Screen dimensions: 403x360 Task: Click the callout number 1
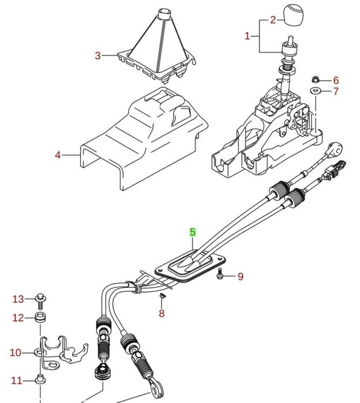[x=247, y=36]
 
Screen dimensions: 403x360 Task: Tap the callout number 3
[x=98, y=56]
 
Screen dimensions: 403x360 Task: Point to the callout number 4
[x=58, y=155]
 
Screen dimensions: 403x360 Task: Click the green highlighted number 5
[x=193, y=233]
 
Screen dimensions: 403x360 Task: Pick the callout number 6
[x=336, y=81]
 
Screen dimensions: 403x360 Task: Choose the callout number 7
[x=336, y=92]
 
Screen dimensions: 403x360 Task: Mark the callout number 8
[x=162, y=314]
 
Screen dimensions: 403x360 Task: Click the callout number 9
[x=240, y=277]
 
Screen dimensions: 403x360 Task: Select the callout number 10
[x=15, y=352]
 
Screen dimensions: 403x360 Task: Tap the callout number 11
[x=16, y=381]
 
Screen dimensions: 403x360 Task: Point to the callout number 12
[x=18, y=318]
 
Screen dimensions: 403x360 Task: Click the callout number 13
[x=18, y=299]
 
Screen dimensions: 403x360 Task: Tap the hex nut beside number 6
[x=317, y=80]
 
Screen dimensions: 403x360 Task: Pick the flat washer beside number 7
[x=316, y=92]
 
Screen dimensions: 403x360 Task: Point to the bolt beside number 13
[x=40, y=299]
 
